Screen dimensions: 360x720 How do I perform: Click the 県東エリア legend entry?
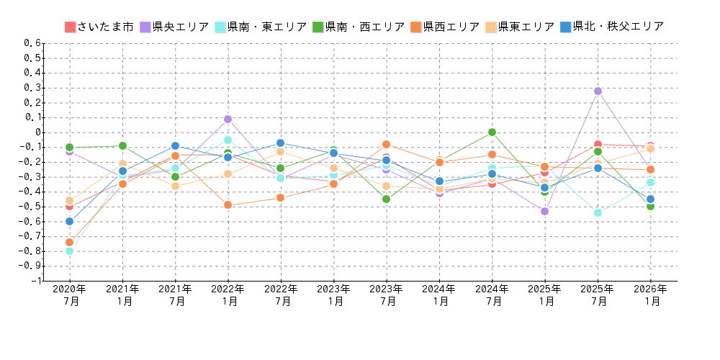[519, 27]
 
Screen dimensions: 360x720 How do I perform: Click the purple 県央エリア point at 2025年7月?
[598, 91]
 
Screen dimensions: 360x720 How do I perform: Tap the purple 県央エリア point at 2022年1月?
[228, 119]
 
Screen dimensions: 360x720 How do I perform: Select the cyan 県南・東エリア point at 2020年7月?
[69, 251]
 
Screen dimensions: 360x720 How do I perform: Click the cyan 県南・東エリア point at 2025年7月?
[598, 212]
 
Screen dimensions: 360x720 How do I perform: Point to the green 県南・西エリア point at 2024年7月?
[492, 132]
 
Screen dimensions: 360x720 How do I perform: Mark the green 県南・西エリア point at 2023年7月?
[386, 199]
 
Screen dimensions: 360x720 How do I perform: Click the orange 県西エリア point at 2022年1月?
[228, 205]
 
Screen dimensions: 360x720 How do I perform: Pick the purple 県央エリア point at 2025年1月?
[544, 211]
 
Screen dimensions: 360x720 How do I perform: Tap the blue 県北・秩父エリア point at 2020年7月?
[69, 221]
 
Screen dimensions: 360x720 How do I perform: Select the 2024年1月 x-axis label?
[439, 295]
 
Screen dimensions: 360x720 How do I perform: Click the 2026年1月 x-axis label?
[650, 295]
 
